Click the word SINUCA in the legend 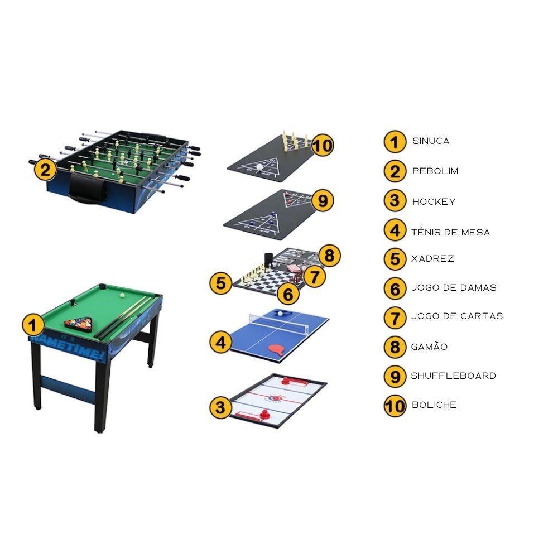(431, 141)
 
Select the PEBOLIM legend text (435, 171)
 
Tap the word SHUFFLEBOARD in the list (453, 376)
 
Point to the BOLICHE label (434, 405)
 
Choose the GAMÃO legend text (429, 347)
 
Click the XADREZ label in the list (433, 259)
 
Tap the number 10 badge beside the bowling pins (323, 146)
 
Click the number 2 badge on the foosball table (45, 170)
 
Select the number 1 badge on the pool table (33, 325)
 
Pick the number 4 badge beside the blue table (220, 343)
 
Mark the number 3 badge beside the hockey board (220, 407)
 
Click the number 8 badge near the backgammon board (329, 256)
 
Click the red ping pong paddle (278, 350)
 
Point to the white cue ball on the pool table (122, 295)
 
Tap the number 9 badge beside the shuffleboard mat (323, 200)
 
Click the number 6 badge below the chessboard (288, 294)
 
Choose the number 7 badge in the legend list (395, 318)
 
